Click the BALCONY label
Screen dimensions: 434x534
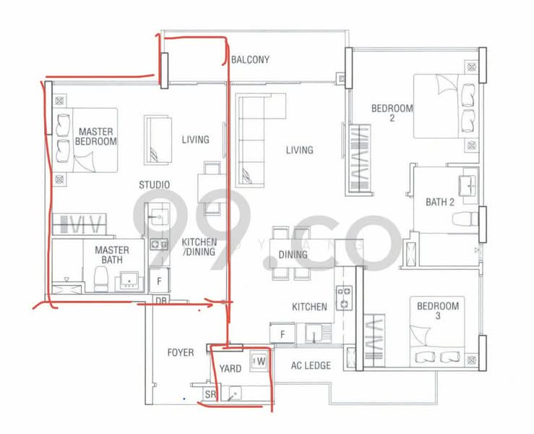250,60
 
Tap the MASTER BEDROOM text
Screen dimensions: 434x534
96,137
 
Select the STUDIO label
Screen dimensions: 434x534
155,185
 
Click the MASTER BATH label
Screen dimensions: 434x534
112,256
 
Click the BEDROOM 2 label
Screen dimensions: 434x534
392,114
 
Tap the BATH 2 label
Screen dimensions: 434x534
440,203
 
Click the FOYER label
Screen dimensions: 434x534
180,352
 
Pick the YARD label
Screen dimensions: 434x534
231,369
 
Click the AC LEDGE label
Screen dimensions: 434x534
311,365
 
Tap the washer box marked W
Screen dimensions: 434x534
259,360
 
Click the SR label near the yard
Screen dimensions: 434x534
210,395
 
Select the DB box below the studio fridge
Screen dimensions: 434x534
160,300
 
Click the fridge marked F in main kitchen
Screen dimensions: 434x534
283,335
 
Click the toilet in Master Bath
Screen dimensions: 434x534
101,278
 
